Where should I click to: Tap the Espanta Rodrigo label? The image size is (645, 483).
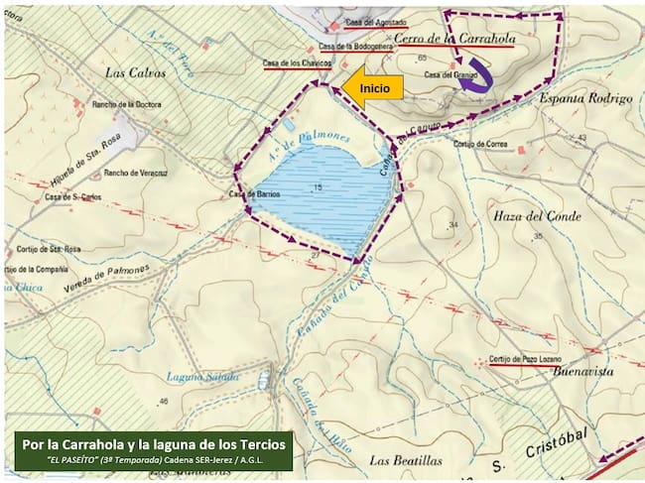pos(584,99)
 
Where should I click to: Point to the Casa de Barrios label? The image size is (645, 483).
pos(251,194)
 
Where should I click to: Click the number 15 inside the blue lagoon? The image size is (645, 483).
pos(317,187)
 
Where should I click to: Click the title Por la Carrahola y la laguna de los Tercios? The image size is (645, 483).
pos(154,442)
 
